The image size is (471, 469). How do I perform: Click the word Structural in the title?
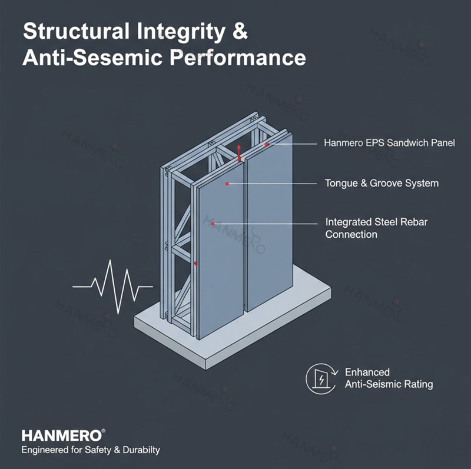pos(76,31)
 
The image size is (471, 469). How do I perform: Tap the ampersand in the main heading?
pos(240,31)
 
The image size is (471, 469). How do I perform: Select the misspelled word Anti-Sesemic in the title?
pos(92,57)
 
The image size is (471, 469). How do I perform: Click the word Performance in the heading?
pos(238,57)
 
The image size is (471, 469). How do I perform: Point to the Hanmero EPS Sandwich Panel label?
pos(389,142)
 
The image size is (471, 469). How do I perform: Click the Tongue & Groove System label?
pos(382,183)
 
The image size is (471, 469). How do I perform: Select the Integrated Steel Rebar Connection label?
pos(376,228)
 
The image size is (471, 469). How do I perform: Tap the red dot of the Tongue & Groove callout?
pos(227,184)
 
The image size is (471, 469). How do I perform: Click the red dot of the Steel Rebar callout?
pos(213,224)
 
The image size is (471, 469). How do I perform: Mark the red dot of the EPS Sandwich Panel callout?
pos(266,144)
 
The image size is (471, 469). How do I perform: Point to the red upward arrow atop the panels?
pos(239,153)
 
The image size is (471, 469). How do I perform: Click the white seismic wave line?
pos(112,287)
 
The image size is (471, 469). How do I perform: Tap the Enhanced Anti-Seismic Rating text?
pos(389,378)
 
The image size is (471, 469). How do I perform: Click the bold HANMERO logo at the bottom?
pos(62,435)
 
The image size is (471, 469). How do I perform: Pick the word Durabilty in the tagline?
pos(141,450)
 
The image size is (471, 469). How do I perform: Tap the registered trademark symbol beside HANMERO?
pos(104,431)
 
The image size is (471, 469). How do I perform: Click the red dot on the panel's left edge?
pos(195,263)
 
